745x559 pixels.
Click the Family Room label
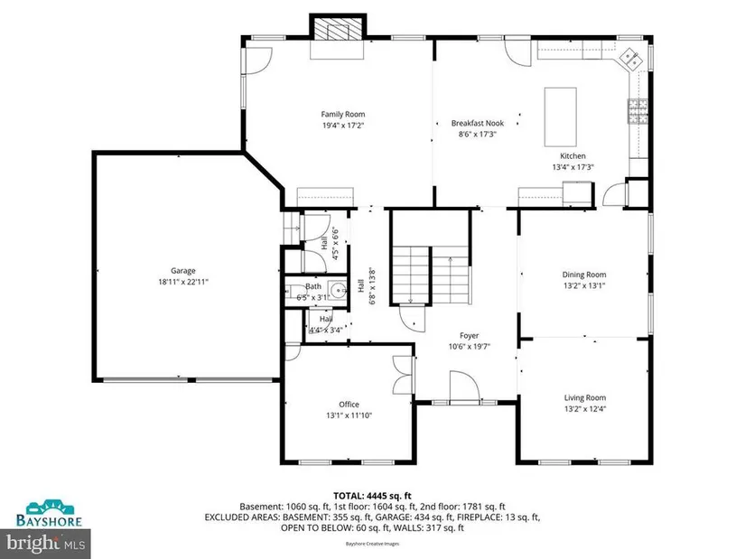click(342, 114)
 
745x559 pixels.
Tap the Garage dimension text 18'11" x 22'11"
click(183, 282)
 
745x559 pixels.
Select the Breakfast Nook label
click(478, 123)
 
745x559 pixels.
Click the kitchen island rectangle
click(560, 116)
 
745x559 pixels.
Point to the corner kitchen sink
click(630, 59)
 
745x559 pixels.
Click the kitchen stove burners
click(638, 111)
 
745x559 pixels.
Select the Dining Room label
click(584, 275)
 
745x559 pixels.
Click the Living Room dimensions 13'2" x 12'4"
click(585, 409)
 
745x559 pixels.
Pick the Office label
click(349, 404)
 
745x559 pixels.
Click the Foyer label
click(469, 336)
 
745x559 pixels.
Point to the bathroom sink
click(339, 290)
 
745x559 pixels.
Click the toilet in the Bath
click(294, 291)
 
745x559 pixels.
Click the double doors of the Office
click(404, 375)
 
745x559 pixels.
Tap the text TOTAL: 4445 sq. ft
click(372, 497)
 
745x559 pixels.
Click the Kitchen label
click(573, 156)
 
